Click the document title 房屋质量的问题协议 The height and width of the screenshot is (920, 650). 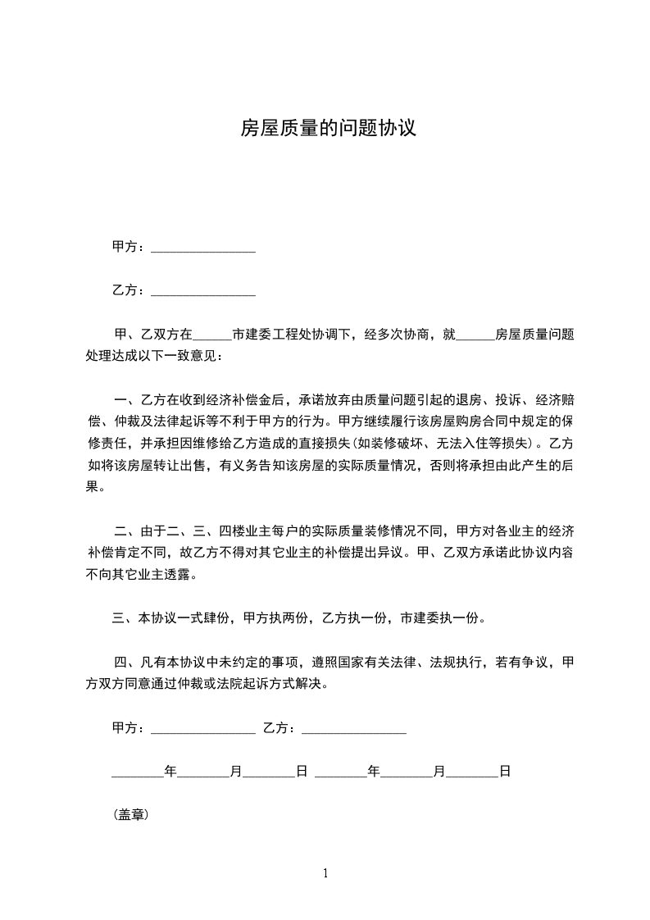pyautogui.click(x=328, y=128)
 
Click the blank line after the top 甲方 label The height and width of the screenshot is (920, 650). pyautogui.click(x=203, y=248)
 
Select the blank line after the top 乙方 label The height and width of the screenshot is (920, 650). pyautogui.click(x=203, y=291)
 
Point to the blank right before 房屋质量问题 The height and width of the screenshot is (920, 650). pyautogui.click(x=475, y=335)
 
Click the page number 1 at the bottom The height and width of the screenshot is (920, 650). pyautogui.click(x=325, y=873)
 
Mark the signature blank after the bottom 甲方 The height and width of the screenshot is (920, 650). pyautogui.click(x=203, y=728)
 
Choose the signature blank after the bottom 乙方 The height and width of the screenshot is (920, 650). pyautogui.click(x=354, y=728)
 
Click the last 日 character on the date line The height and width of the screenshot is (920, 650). pyautogui.click(x=505, y=772)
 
